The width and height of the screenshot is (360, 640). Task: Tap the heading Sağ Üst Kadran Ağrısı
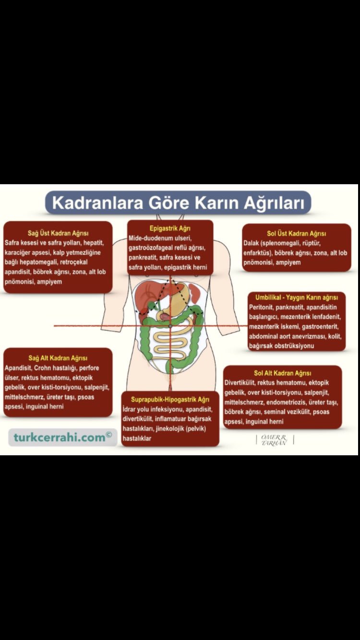pos(58,233)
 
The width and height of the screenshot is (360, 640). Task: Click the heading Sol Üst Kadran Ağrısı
pos(296,234)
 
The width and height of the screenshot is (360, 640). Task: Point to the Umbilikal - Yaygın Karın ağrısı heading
pos(296,297)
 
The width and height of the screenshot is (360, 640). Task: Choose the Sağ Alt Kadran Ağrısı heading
pos(58,358)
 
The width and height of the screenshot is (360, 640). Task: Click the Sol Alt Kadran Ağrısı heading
pos(283,373)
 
